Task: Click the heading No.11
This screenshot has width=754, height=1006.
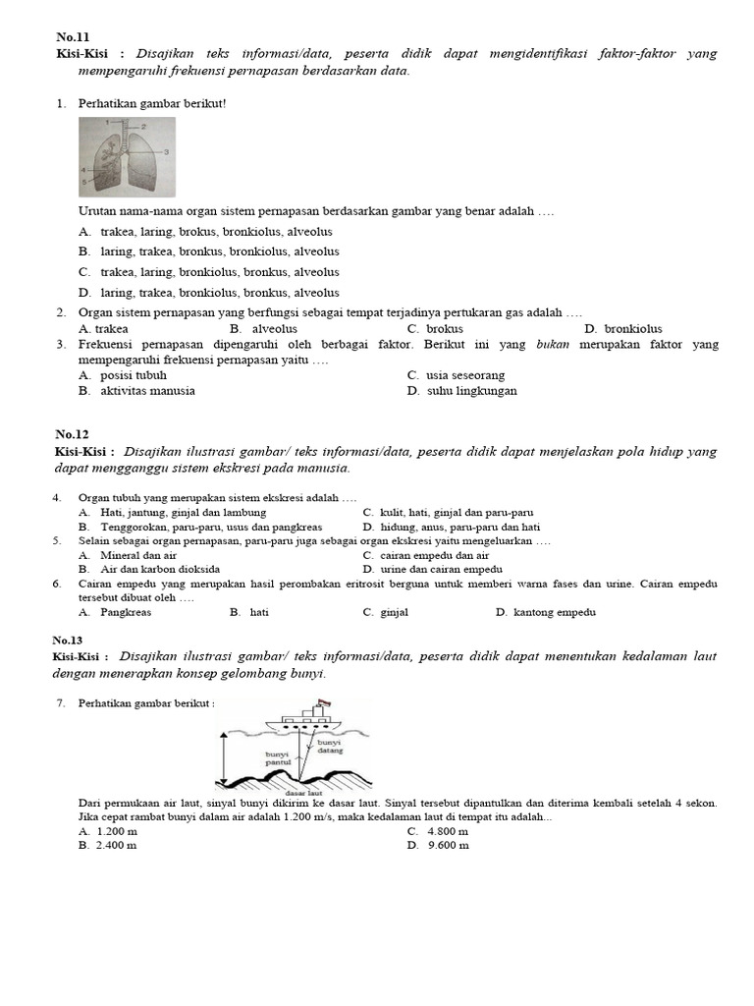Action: point(73,36)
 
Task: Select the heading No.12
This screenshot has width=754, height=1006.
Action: point(73,434)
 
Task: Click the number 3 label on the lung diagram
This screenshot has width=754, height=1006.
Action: point(166,151)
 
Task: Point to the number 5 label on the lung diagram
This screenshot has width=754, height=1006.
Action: point(84,183)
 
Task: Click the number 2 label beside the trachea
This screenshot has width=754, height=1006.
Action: point(143,127)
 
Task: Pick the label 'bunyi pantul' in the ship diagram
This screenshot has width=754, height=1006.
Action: point(280,759)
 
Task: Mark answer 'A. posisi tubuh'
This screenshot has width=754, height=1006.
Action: point(123,374)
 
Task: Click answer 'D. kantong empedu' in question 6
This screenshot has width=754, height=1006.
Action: point(545,612)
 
